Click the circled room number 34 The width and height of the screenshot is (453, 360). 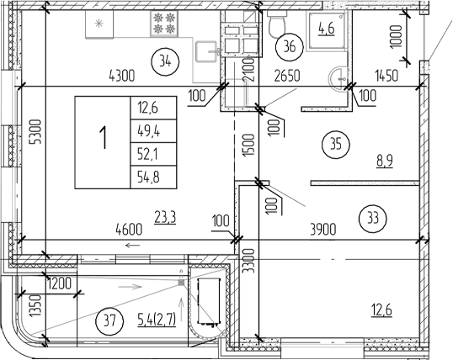click(163, 60)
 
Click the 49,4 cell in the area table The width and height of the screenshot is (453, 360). click(146, 130)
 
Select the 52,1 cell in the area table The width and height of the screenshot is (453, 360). click(146, 152)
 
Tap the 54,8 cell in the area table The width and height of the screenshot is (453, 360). click(146, 176)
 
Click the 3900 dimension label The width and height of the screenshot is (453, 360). click(322, 228)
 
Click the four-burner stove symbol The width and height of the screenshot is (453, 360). click(163, 23)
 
